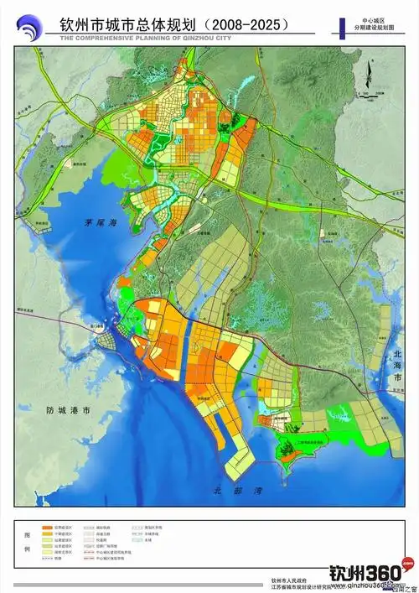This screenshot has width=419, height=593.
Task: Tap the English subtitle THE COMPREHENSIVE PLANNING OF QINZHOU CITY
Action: pyautogui.click(x=139, y=37)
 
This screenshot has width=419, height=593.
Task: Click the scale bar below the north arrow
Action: pyautogui.click(x=369, y=93)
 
